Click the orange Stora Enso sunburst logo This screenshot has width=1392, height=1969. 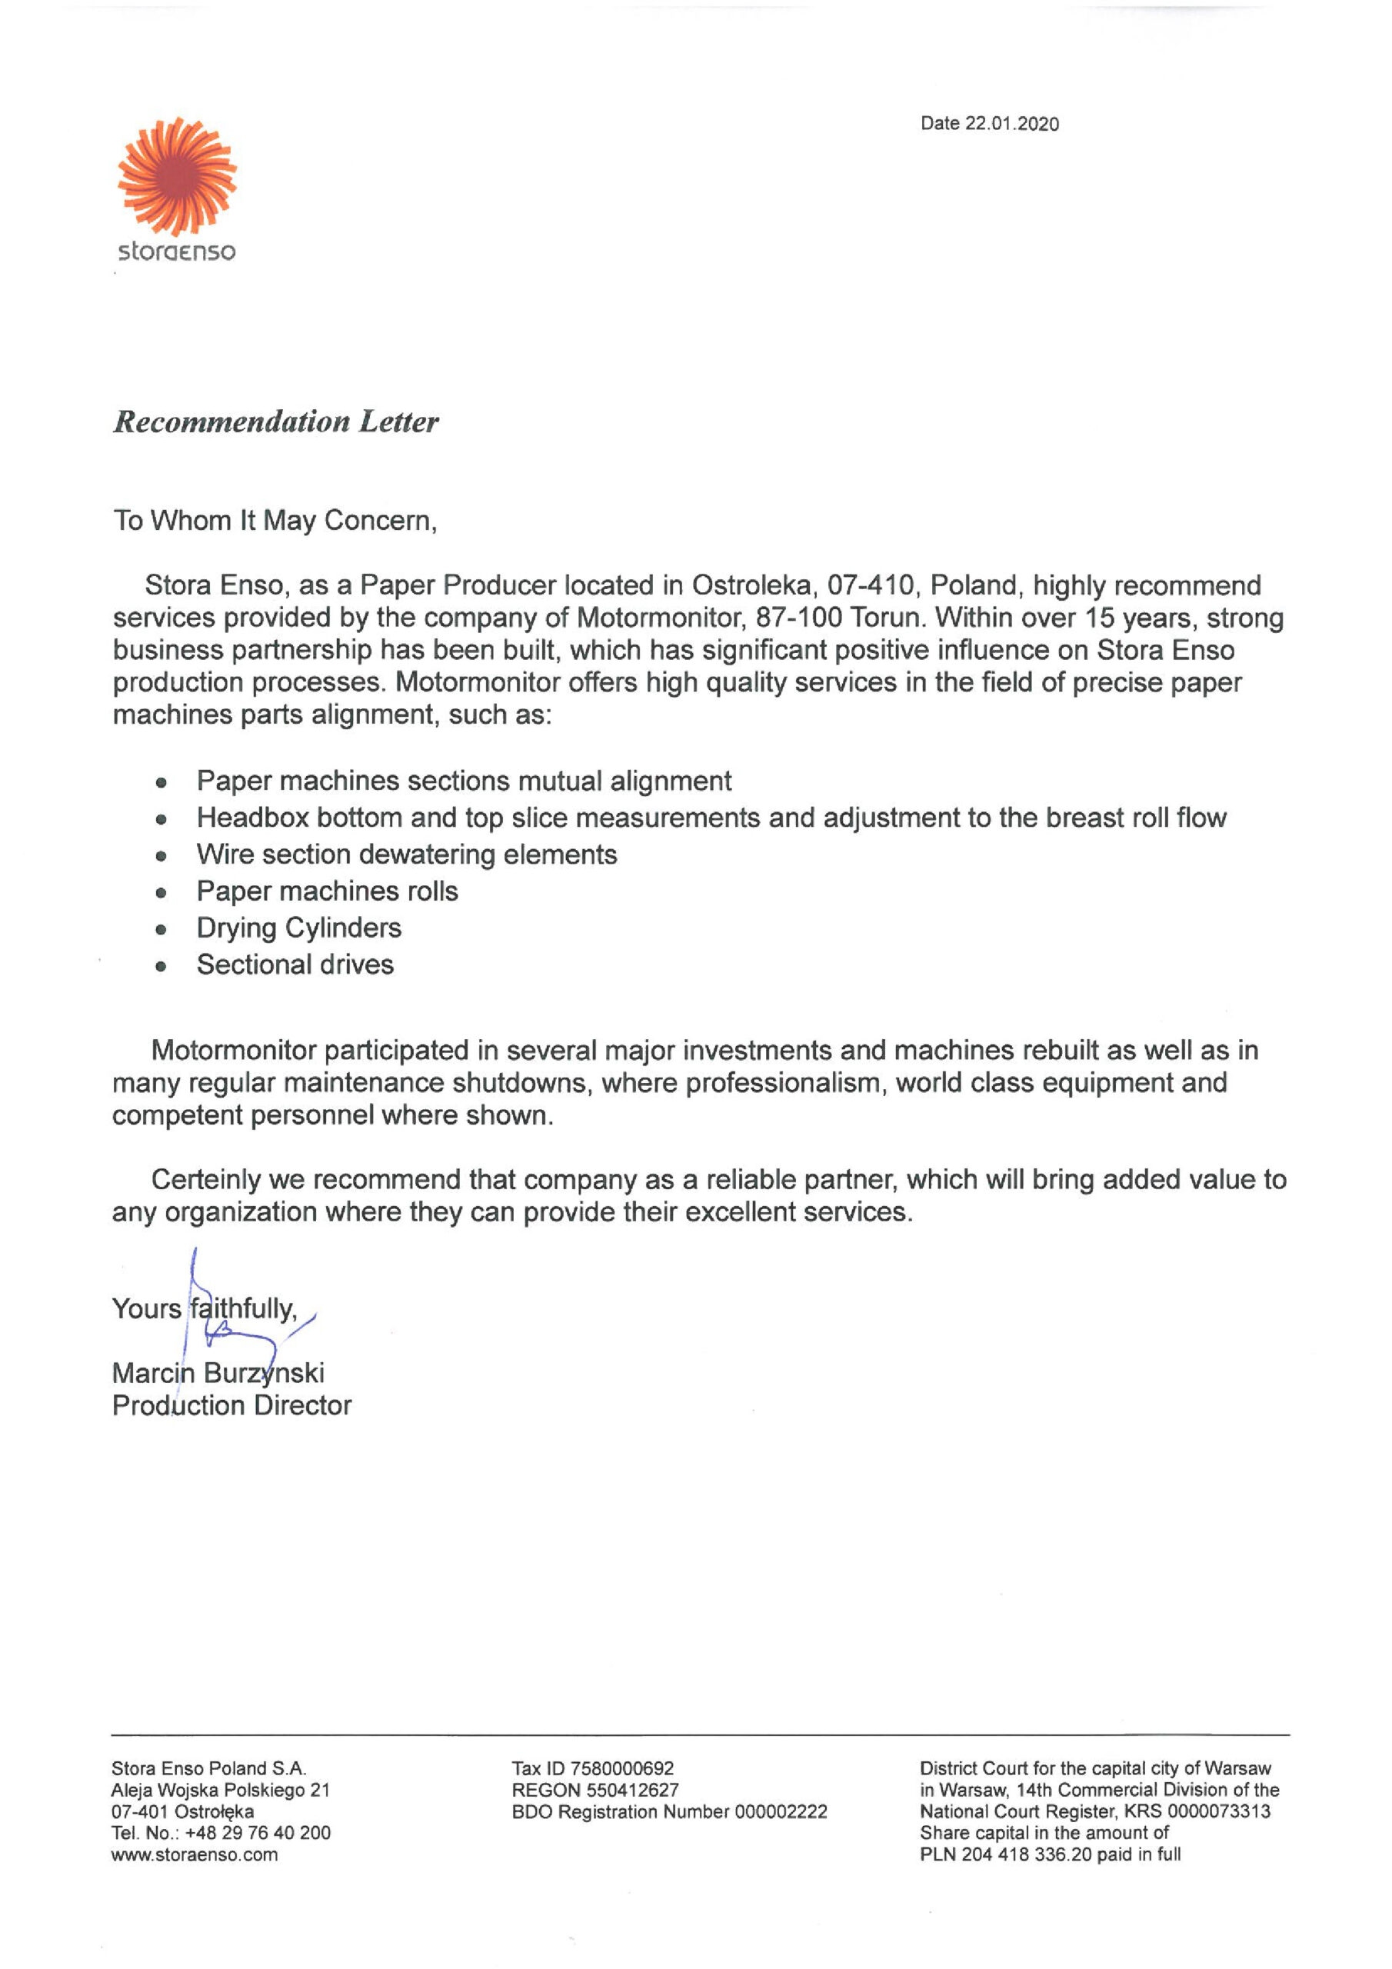tap(177, 177)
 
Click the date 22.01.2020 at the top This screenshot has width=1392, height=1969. tap(1011, 124)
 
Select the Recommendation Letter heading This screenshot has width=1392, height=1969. tap(275, 422)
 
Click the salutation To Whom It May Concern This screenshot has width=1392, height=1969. tap(275, 521)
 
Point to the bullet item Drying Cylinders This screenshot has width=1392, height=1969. tap(298, 928)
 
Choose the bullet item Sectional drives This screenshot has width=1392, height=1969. tap(295, 965)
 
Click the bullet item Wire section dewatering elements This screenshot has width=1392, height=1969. tap(407, 855)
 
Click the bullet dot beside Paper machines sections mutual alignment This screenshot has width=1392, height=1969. tap(161, 782)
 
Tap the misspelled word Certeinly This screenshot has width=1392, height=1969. tap(206, 1180)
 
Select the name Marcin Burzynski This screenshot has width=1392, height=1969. tap(218, 1373)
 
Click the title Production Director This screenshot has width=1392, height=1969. tap(231, 1405)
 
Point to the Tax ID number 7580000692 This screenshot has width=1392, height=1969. tap(622, 1768)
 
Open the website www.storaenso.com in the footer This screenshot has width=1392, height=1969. tap(194, 1854)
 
